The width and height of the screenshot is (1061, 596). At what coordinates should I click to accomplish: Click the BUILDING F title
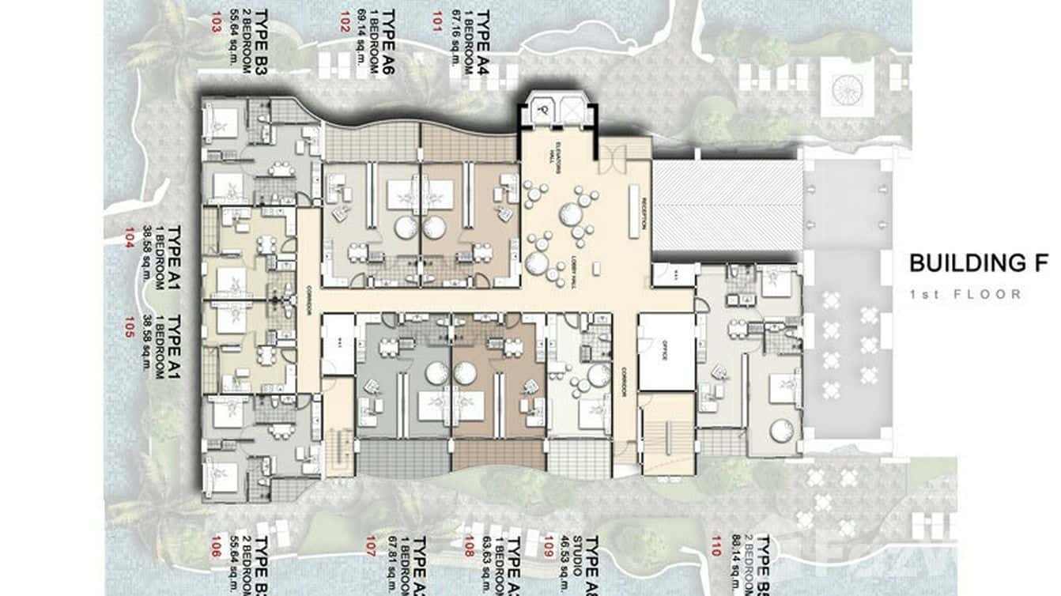977,263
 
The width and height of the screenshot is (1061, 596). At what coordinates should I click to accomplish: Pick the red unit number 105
130,326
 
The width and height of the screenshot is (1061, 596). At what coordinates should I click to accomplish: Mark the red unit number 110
716,545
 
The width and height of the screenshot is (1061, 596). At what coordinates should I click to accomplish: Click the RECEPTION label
645,211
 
